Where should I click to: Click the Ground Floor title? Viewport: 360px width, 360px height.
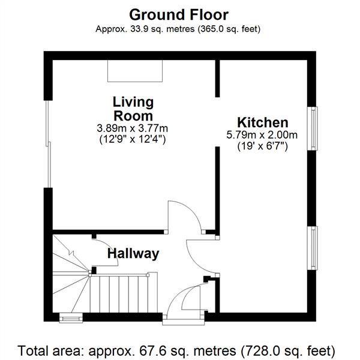point(179,15)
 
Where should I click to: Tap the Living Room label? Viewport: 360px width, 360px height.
point(133,109)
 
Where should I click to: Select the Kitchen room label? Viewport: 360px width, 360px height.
point(263,122)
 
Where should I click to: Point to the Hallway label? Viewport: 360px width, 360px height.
point(133,254)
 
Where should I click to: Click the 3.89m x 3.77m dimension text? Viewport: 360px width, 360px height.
point(132,128)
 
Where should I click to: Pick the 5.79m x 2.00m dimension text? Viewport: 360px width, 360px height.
point(262,135)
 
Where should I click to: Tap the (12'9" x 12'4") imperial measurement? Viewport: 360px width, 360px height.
point(133,139)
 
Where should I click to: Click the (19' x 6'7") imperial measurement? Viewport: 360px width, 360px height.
point(262,146)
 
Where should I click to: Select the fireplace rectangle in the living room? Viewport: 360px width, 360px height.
point(135,71)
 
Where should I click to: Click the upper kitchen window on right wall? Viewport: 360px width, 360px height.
point(313,128)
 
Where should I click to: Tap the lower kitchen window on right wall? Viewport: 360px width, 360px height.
point(313,248)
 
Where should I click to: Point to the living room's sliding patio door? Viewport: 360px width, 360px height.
point(48,144)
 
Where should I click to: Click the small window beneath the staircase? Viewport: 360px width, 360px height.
point(71,318)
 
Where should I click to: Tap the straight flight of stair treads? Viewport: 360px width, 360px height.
point(124,295)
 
